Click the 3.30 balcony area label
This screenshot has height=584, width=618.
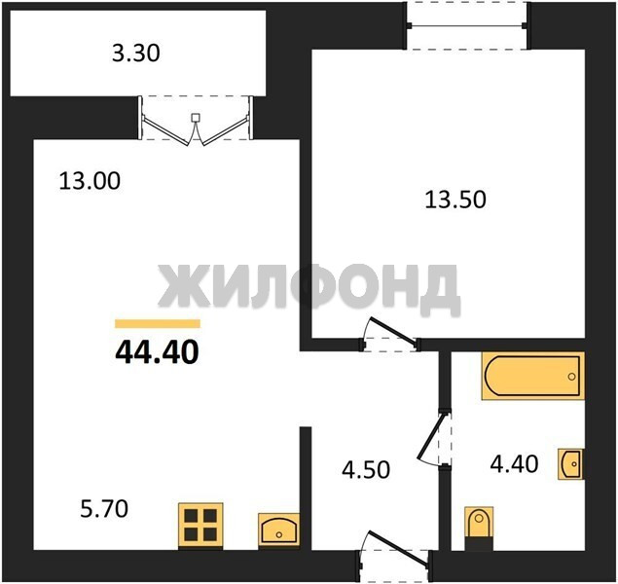136,54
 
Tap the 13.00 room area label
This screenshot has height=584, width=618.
90,182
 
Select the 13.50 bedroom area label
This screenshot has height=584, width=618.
455,200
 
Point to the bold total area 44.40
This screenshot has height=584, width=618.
157,352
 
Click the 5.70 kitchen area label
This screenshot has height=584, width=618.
104,509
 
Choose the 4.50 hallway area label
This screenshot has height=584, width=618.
366,470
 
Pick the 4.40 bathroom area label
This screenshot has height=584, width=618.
514,464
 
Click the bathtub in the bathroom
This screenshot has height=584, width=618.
533,376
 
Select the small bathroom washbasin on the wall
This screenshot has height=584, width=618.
570,464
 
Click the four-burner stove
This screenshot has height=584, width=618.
200,526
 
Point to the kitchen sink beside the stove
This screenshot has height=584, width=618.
279,530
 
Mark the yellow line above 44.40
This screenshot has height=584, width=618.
158,323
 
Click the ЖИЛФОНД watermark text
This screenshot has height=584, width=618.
309,288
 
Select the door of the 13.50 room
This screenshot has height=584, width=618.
390,334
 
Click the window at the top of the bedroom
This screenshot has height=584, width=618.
467,25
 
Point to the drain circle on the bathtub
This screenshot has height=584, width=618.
571,377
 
